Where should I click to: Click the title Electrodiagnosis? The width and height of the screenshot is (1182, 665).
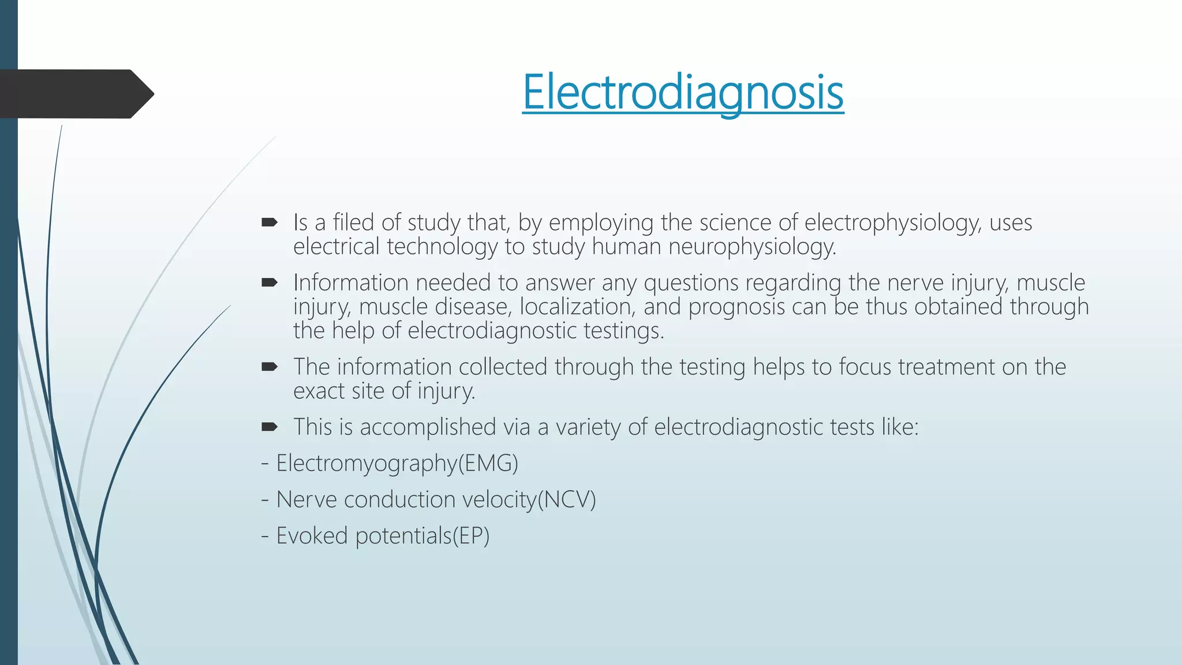(683, 92)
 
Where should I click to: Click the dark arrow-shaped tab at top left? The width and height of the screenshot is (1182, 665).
(75, 94)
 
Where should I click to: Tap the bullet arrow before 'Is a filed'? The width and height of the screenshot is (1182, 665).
(270, 222)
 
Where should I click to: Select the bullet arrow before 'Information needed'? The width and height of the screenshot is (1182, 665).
(270, 282)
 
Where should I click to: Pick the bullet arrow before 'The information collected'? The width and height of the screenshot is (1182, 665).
(270, 367)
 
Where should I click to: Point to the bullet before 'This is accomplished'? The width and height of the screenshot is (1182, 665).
(270, 427)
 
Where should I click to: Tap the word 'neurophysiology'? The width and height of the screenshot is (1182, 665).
(752, 247)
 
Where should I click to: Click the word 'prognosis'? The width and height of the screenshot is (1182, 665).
(736, 307)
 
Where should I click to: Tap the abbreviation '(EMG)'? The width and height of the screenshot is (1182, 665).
(488, 464)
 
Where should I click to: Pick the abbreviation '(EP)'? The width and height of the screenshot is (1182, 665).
(470, 536)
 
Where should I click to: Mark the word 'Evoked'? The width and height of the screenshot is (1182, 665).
(312, 536)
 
